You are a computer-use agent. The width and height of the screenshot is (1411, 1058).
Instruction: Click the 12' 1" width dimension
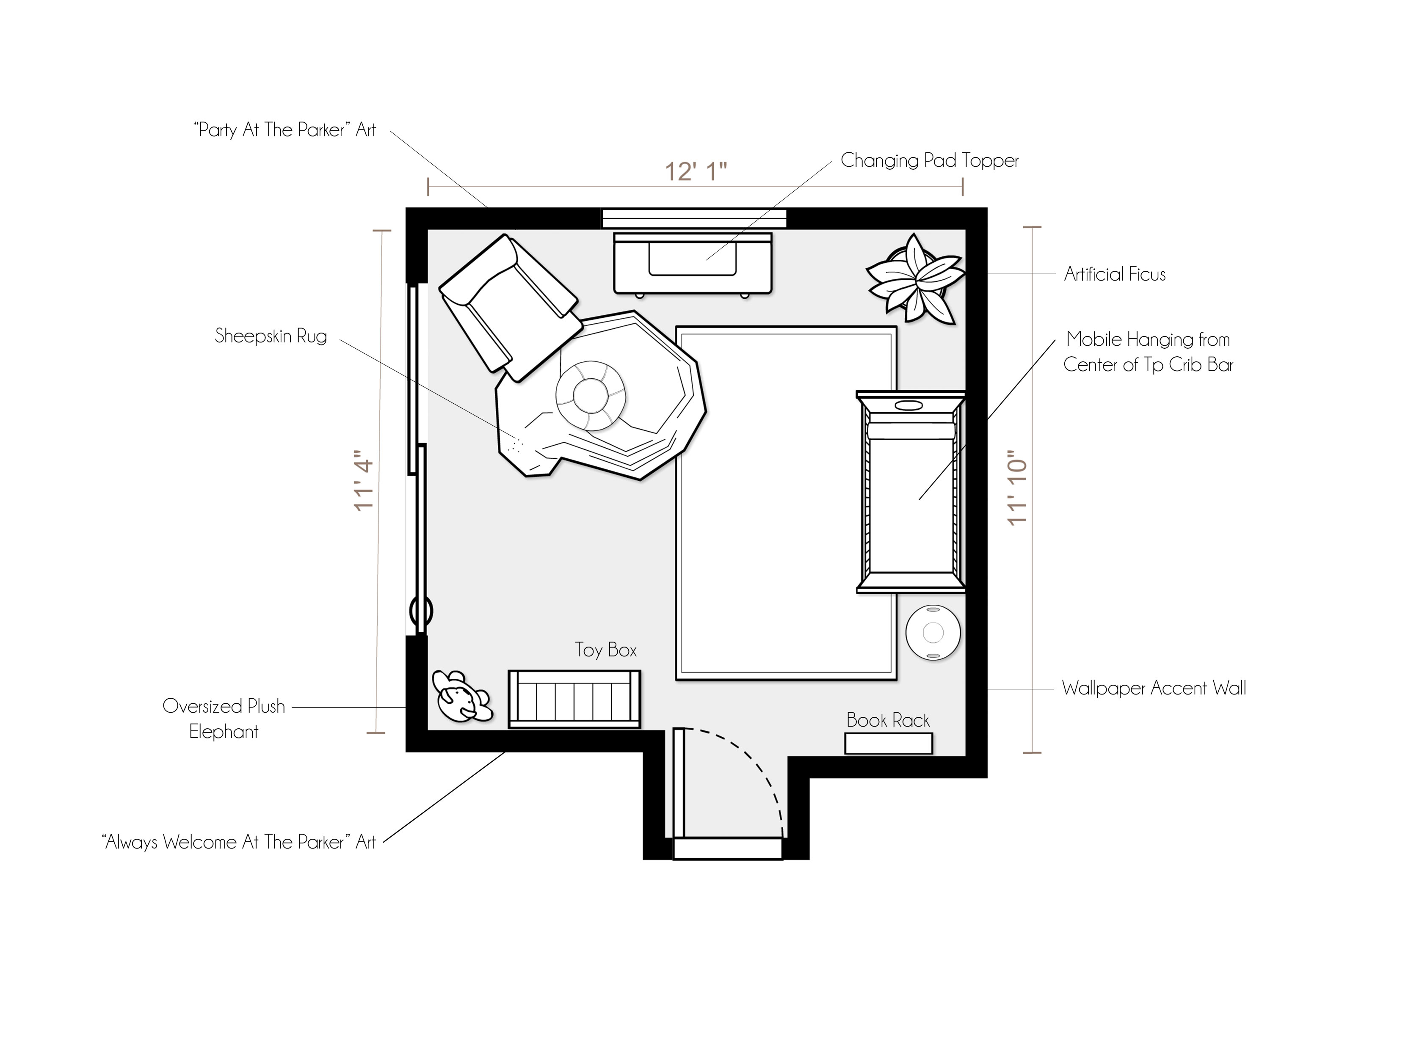(x=696, y=171)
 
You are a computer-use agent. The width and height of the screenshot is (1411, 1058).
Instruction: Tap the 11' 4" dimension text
(x=364, y=482)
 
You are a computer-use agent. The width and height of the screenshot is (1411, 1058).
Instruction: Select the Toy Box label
(x=606, y=650)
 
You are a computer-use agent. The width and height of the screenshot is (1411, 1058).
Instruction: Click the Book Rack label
(x=888, y=720)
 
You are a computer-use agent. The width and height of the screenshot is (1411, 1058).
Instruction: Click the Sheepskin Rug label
(x=271, y=336)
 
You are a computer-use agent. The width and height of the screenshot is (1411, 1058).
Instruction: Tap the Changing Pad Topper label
(x=929, y=160)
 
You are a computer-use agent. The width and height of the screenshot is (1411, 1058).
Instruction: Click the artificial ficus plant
(x=915, y=279)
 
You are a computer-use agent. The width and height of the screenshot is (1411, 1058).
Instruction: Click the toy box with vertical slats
(x=574, y=699)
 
